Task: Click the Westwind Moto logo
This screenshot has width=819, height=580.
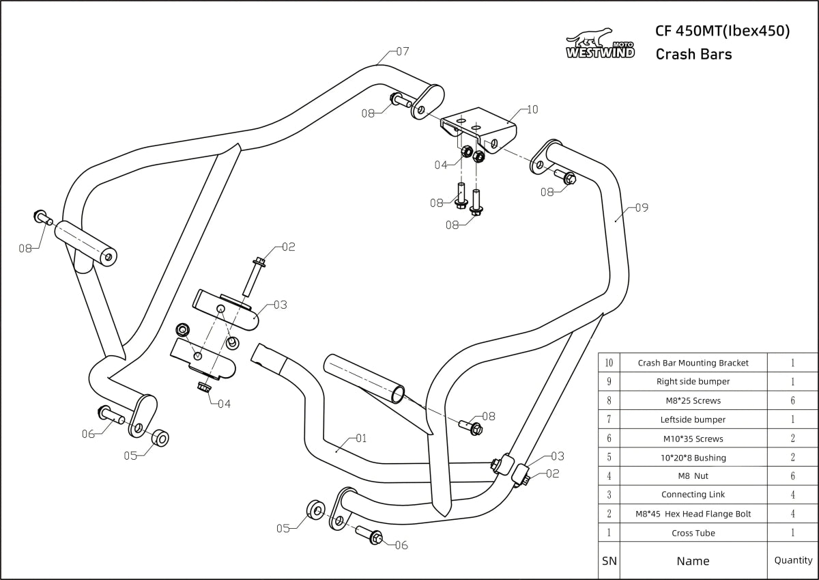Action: [600, 44]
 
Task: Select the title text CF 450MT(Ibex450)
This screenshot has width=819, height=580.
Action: [722, 31]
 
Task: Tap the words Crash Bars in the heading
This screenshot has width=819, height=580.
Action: [693, 55]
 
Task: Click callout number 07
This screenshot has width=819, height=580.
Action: [402, 51]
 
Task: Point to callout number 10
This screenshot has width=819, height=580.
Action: [532, 109]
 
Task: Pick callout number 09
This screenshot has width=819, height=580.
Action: [641, 207]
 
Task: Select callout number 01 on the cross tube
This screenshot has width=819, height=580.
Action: [361, 438]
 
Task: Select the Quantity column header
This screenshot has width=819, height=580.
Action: [793, 560]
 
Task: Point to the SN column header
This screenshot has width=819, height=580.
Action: [609, 561]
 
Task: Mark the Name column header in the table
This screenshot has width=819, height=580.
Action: [693, 561]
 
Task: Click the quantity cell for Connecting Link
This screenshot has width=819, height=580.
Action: [793, 495]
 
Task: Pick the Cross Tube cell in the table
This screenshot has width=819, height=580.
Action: [693, 533]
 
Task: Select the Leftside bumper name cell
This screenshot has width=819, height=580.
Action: [693, 419]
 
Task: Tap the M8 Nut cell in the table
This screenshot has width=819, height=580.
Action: [693, 476]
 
